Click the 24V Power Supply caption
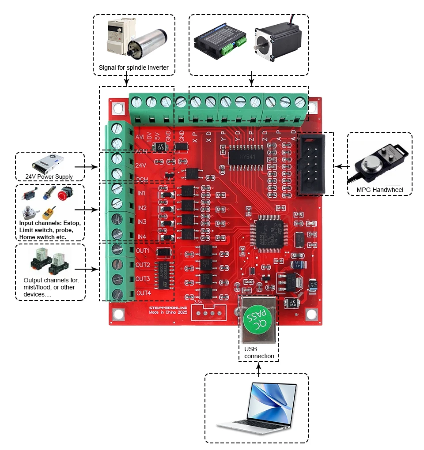[49, 177]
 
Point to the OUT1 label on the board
[143, 251]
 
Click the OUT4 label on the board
[144, 293]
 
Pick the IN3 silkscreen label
[142, 222]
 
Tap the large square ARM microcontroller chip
[269, 233]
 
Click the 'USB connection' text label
[259, 352]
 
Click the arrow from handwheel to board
[341, 167]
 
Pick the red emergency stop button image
[65, 193]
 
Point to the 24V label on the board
[140, 165]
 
